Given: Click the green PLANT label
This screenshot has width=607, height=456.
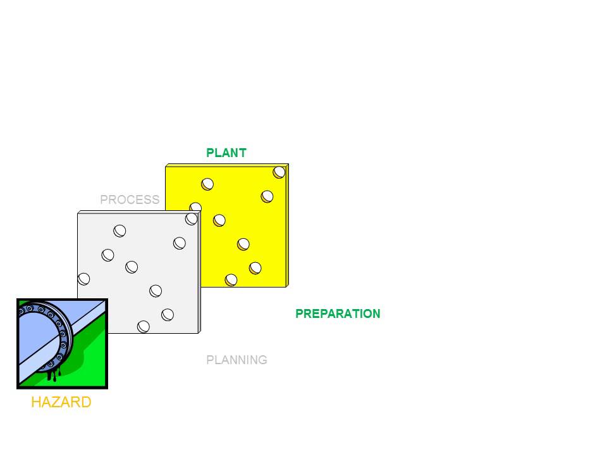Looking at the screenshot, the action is click(226, 153).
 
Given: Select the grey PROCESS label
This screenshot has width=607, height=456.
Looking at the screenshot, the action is click(130, 200).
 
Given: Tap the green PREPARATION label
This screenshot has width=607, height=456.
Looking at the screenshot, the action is click(338, 314).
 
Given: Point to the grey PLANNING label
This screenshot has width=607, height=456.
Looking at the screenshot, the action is click(236, 360).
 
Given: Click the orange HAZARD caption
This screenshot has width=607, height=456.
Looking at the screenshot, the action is click(61, 402).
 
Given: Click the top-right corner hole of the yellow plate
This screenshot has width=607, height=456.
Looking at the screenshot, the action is click(279, 172).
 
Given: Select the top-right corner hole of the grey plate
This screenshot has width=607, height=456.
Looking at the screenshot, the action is click(192, 218).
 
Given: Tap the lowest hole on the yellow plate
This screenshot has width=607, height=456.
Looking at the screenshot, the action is click(231, 280).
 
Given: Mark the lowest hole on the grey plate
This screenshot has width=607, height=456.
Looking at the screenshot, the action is click(144, 327).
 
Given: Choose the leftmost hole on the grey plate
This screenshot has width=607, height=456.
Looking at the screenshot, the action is click(83, 279).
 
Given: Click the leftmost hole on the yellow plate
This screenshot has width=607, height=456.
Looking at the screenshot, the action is click(195, 208).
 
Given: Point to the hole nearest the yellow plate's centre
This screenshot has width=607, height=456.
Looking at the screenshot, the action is click(219, 220).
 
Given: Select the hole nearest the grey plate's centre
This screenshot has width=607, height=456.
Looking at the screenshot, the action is click(132, 267).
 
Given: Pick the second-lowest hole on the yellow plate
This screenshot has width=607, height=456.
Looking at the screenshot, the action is click(255, 268).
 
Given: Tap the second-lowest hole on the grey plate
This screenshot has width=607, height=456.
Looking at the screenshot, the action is click(168, 314).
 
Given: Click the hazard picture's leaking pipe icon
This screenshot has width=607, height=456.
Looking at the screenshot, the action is click(62, 343).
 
